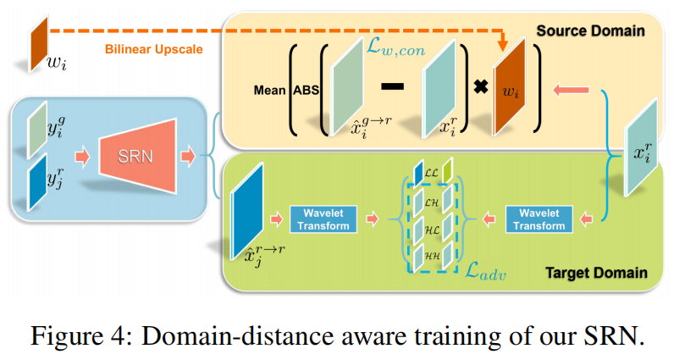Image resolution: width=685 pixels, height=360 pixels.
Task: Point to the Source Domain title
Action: (x=590, y=30)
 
